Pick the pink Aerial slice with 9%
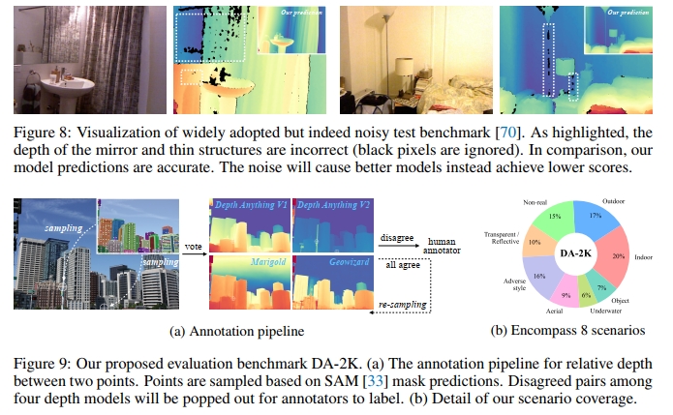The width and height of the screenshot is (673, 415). pyautogui.click(x=565, y=291)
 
